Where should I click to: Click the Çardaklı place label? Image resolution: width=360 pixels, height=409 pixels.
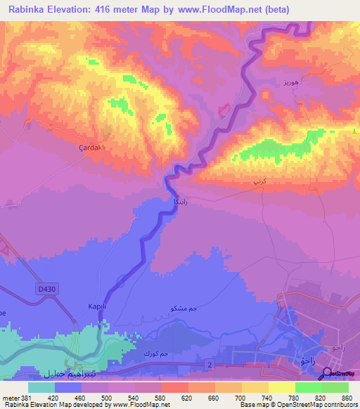pos(92,148)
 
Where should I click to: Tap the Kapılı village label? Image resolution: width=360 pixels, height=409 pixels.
pos(96,306)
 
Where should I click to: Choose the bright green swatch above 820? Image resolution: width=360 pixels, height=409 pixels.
pos(308,387)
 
